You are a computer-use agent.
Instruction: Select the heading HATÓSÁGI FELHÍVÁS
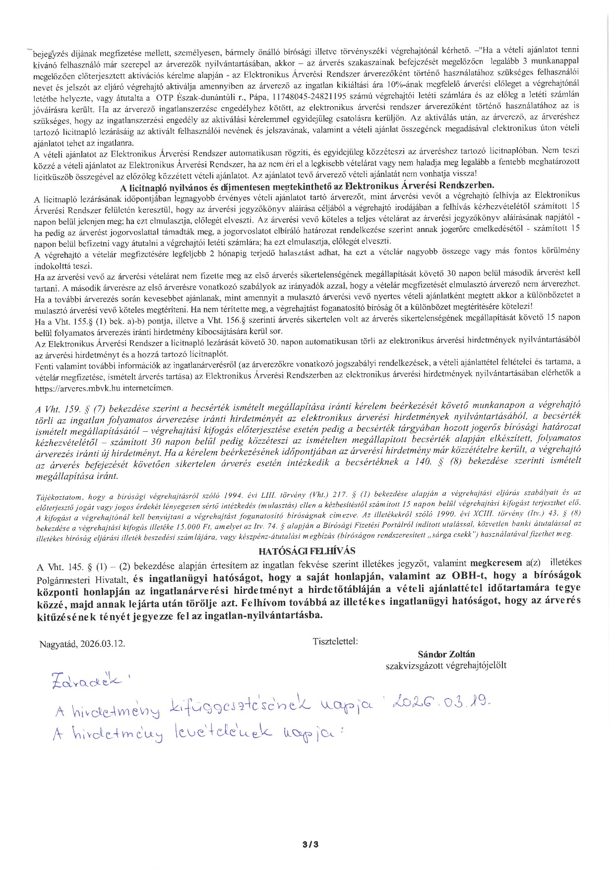[307, 551]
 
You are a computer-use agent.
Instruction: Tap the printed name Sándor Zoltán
[446, 654]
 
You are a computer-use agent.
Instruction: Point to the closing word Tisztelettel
[335, 641]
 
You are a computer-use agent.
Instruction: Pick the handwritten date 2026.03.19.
[441, 702]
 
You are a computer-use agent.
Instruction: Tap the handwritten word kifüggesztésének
[241, 710]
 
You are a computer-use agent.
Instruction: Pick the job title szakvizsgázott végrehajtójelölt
[446, 665]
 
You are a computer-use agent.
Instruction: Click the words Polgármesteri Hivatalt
[83, 579]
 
